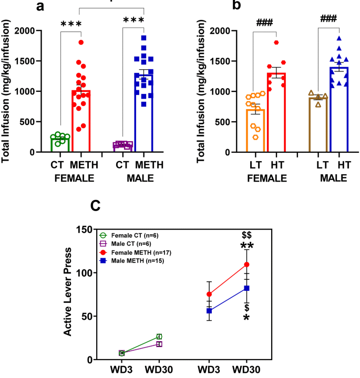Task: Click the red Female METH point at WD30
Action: (x=246, y=265)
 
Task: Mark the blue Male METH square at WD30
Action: (x=246, y=288)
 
